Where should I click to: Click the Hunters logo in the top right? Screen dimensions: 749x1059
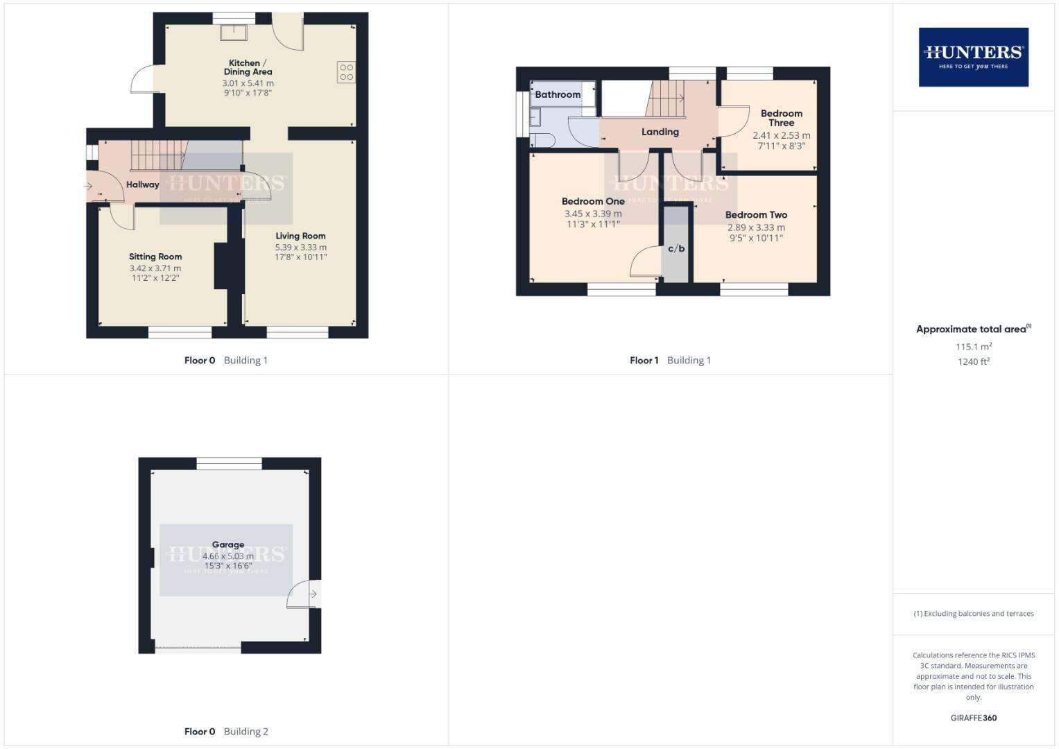[x=973, y=57]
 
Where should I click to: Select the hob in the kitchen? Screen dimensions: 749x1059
[x=346, y=72]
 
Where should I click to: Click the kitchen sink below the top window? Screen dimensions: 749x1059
[x=234, y=32]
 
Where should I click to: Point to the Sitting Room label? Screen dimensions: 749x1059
[x=155, y=257]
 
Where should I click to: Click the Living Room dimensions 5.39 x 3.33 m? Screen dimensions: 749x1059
[x=300, y=247]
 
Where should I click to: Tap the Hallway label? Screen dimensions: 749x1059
[x=142, y=184]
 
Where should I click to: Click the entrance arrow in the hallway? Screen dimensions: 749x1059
[x=89, y=186]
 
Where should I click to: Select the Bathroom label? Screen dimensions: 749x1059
[x=557, y=94]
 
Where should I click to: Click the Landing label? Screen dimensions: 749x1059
[x=660, y=132]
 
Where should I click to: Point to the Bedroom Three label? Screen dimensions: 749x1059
[x=781, y=118]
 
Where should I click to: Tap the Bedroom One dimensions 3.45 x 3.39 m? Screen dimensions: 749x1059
[x=593, y=214]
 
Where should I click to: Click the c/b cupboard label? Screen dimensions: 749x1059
[x=676, y=248]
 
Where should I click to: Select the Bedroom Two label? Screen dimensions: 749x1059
[x=756, y=215]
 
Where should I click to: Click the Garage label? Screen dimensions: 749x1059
[x=227, y=544]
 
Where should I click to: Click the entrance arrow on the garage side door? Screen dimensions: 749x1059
[x=313, y=594]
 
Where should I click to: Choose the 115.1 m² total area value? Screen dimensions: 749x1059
[x=973, y=347]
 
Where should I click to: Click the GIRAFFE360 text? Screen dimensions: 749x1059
[x=973, y=718]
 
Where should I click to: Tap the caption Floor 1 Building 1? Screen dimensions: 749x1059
[x=670, y=360]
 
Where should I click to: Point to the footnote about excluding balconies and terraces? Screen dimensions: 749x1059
[x=973, y=614]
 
